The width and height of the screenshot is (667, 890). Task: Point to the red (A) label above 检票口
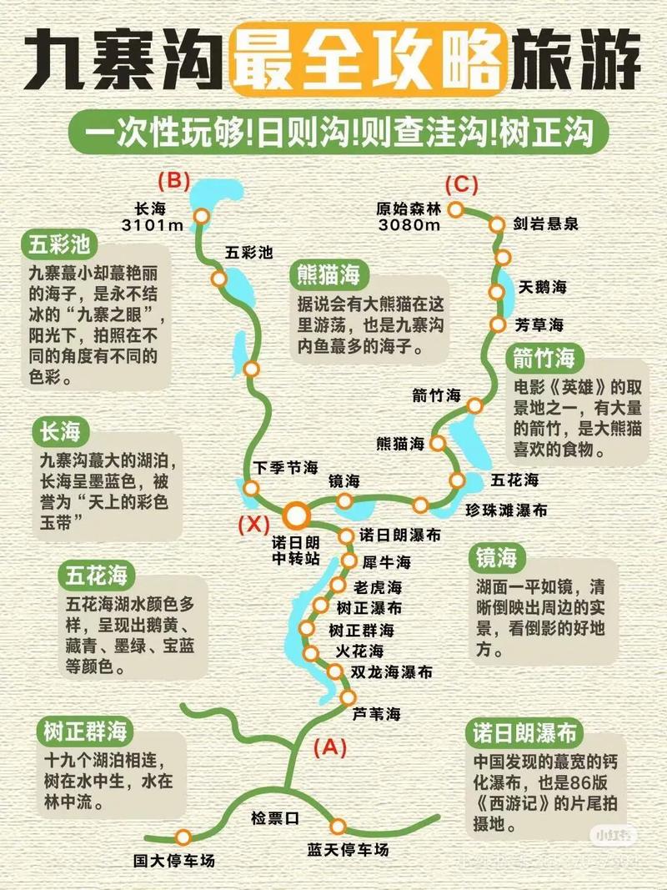(x=328, y=747)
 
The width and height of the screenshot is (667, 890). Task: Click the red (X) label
(x=253, y=525)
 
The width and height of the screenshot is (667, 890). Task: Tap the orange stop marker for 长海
(x=201, y=216)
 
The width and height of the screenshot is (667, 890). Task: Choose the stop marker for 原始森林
(x=455, y=209)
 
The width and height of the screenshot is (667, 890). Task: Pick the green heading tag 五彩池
(x=63, y=245)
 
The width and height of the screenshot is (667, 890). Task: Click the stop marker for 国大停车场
(x=183, y=837)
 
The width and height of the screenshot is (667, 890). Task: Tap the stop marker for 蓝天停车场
(x=337, y=827)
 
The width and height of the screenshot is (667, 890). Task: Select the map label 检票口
(x=275, y=818)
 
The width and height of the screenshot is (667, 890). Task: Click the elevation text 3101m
(x=153, y=224)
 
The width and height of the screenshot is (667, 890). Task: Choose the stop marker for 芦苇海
(x=346, y=697)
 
